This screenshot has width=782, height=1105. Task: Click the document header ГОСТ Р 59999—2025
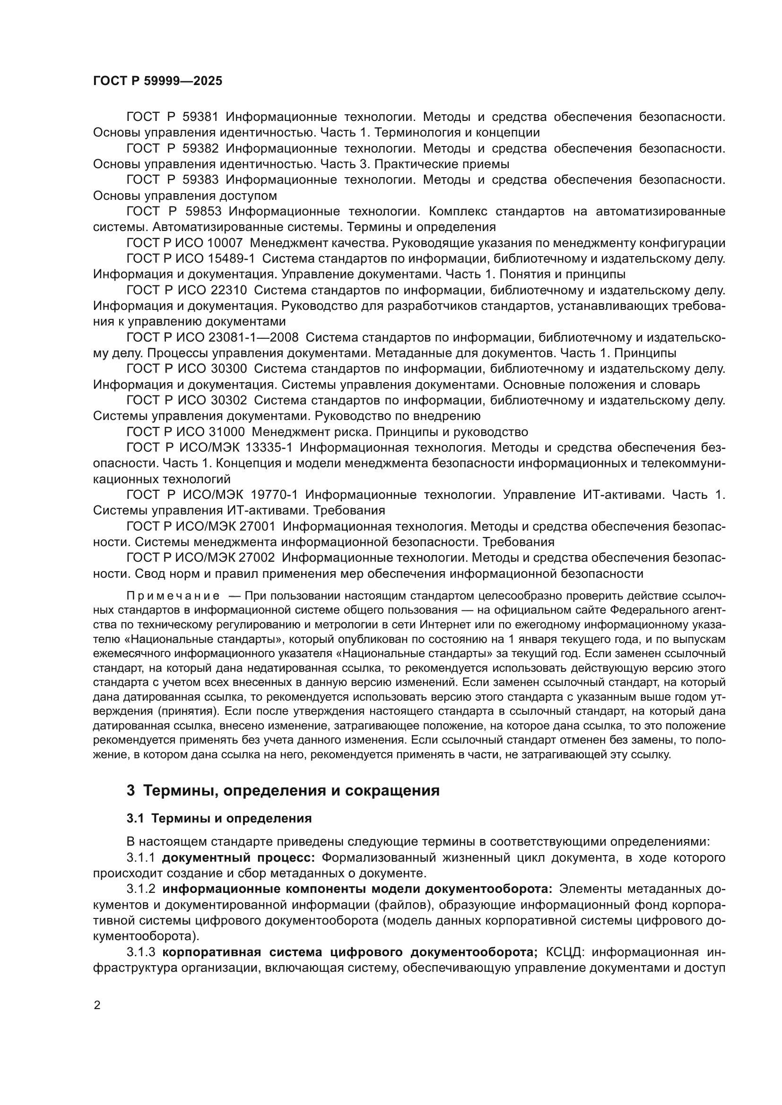[x=157, y=81]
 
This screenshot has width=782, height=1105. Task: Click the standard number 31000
[x=227, y=432]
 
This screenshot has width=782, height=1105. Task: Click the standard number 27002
[x=254, y=558]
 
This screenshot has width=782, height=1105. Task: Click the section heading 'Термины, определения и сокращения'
[x=291, y=791]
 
